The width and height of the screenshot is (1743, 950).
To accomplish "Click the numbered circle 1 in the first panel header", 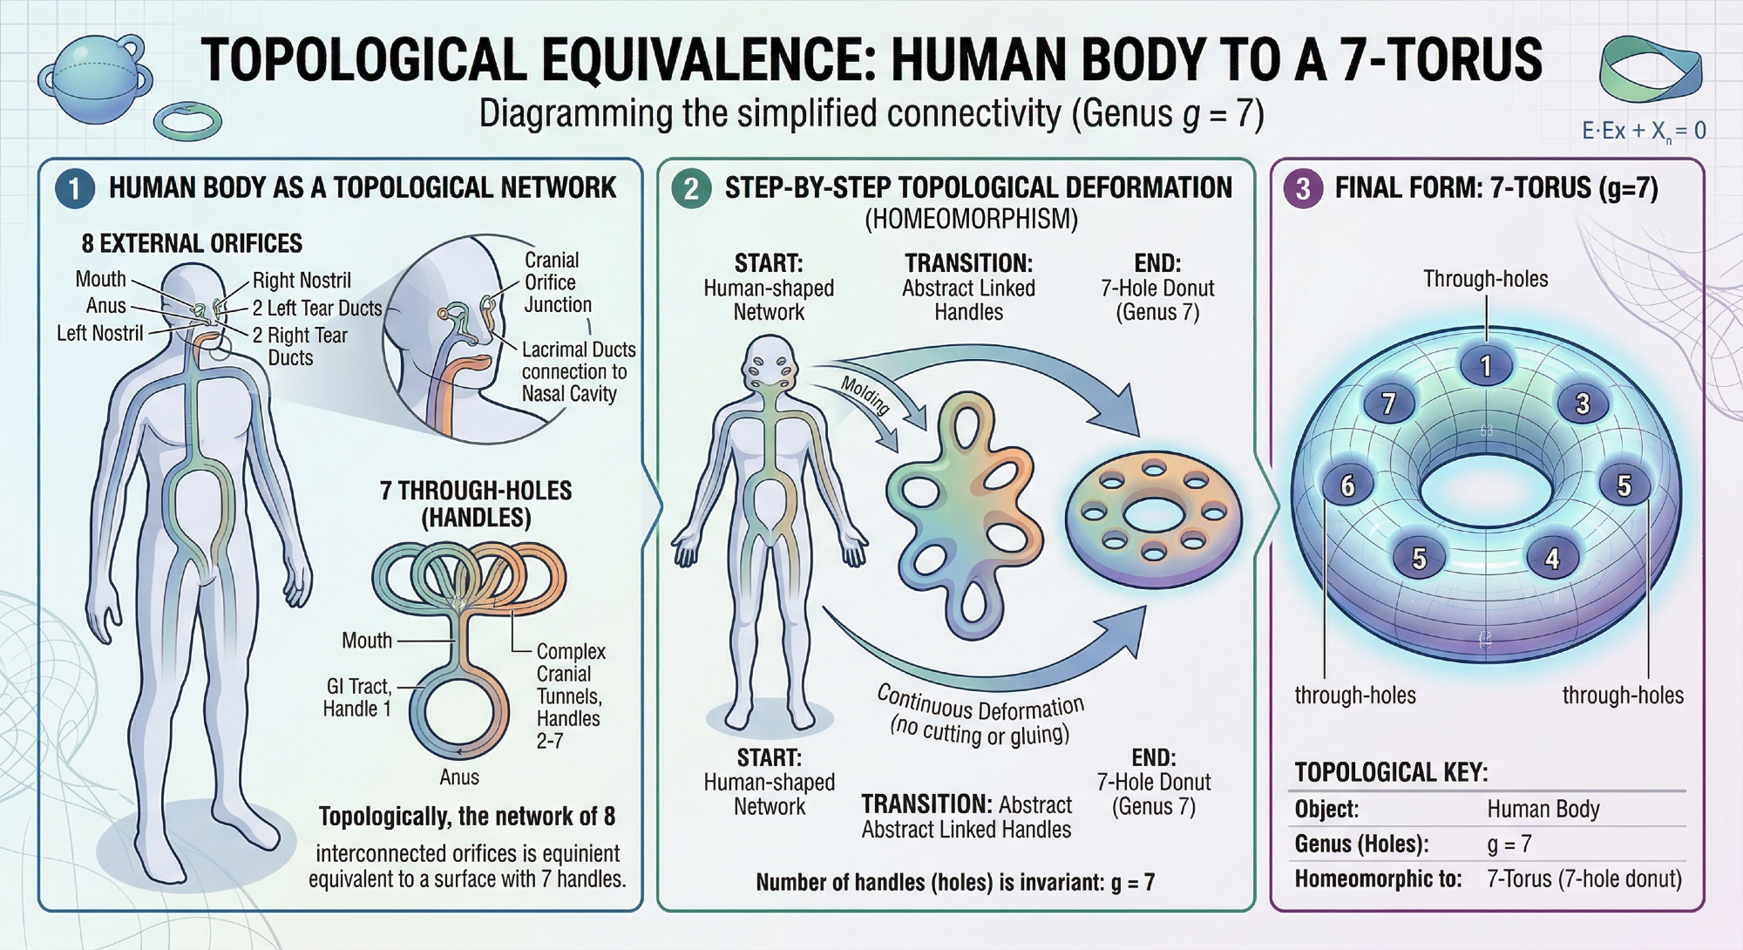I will click(x=75, y=189).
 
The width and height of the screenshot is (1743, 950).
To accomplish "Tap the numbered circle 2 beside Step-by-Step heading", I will click(x=691, y=189).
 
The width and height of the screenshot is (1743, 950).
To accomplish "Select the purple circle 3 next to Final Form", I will click(x=1303, y=189).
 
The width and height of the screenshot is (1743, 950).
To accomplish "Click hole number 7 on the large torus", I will click(x=1389, y=404).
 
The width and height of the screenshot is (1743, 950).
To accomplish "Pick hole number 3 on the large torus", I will click(x=1583, y=404).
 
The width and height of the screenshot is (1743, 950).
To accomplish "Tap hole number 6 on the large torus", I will click(x=1347, y=485).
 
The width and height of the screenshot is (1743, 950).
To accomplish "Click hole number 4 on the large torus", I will click(x=1552, y=558).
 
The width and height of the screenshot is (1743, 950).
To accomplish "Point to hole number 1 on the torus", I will click(x=1486, y=366).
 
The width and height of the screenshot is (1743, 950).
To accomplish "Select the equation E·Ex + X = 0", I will click(x=1644, y=132).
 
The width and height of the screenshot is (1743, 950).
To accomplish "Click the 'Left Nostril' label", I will click(x=99, y=333).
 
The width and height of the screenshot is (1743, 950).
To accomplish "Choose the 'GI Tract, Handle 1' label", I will click(x=356, y=698).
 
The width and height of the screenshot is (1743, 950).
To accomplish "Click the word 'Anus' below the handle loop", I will click(x=459, y=777).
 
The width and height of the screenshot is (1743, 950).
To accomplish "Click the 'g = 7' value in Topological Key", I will click(x=1509, y=844).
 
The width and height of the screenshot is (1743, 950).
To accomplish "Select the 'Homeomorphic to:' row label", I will click(x=1378, y=879).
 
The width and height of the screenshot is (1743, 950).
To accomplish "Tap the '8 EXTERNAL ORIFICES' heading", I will click(x=192, y=243).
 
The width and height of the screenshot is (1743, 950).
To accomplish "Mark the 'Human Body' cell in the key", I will click(x=1543, y=809).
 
